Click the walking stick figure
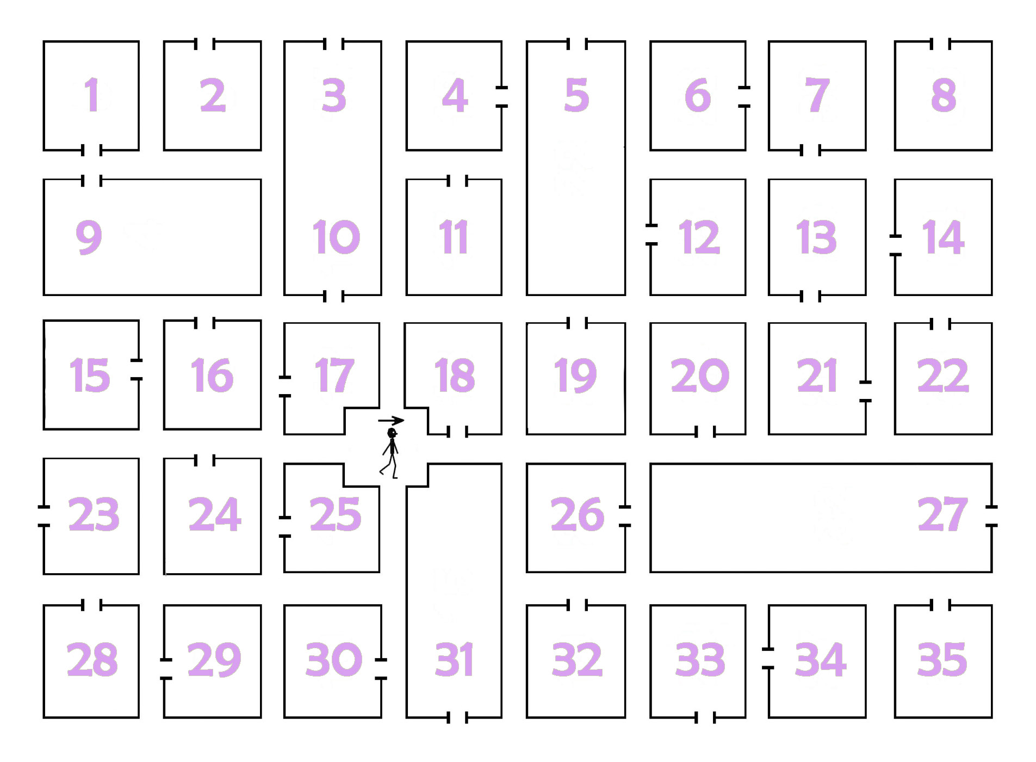(x=391, y=453)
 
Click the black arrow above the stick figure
(x=391, y=420)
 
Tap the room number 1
(x=91, y=95)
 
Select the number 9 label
(x=89, y=237)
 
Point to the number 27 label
(x=942, y=514)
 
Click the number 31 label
(x=454, y=660)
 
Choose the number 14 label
(x=943, y=237)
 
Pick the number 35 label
(x=942, y=660)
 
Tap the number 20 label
(x=699, y=376)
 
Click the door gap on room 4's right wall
(x=501, y=97)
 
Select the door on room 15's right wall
(x=138, y=370)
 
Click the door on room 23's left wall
(x=44, y=516)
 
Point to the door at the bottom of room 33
(x=705, y=718)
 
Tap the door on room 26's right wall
(x=625, y=516)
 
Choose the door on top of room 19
(x=577, y=323)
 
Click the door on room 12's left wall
(x=651, y=235)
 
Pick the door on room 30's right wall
(x=381, y=669)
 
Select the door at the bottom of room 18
(x=457, y=434)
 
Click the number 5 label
(x=576, y=95)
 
